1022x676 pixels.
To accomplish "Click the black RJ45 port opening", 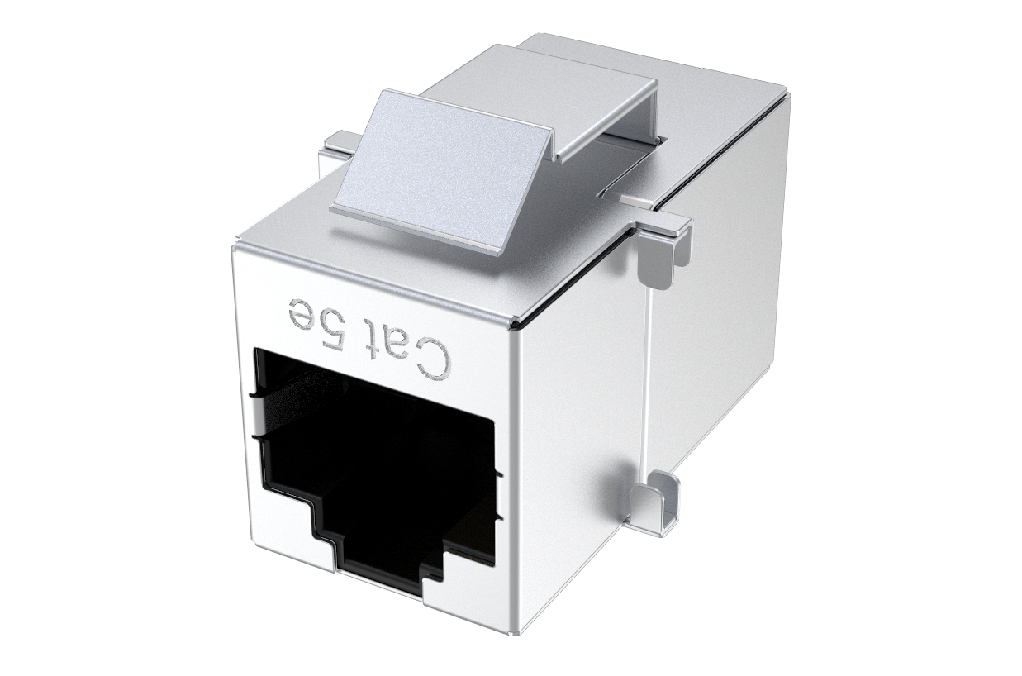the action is (374, 461).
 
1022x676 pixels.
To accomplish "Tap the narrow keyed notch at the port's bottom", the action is (390, 559).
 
